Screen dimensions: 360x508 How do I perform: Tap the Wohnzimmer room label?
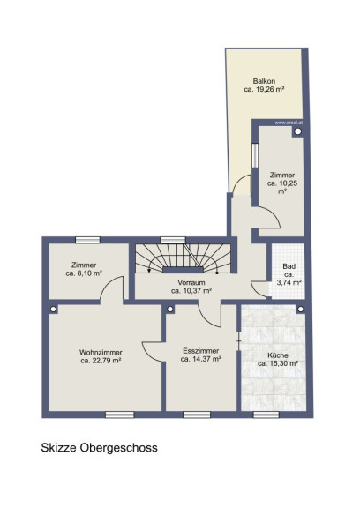point(101,352)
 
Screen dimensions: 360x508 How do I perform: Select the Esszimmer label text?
point(201,351)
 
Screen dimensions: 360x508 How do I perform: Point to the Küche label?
point(278,355)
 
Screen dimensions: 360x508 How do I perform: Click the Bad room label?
point(289,266)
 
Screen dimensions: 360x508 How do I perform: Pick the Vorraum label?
point(191,282)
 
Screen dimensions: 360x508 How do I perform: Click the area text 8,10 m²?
point(89,273)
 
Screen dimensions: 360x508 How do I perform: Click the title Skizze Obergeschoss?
point(99,448)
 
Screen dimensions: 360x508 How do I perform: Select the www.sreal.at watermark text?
point(289,123)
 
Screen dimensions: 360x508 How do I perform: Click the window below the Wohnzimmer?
point(120,415)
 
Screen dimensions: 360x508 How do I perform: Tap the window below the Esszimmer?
point(197,415)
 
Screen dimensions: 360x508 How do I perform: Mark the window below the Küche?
point(266,415)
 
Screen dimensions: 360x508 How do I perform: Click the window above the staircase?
point(173,240)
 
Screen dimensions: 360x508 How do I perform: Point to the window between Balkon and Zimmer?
point(255,155)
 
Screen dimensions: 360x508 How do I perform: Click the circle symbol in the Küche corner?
point(300,310)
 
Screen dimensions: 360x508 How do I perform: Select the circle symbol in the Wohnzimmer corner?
point(54,310)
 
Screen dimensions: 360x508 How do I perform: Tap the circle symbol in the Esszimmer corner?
point(170,310)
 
